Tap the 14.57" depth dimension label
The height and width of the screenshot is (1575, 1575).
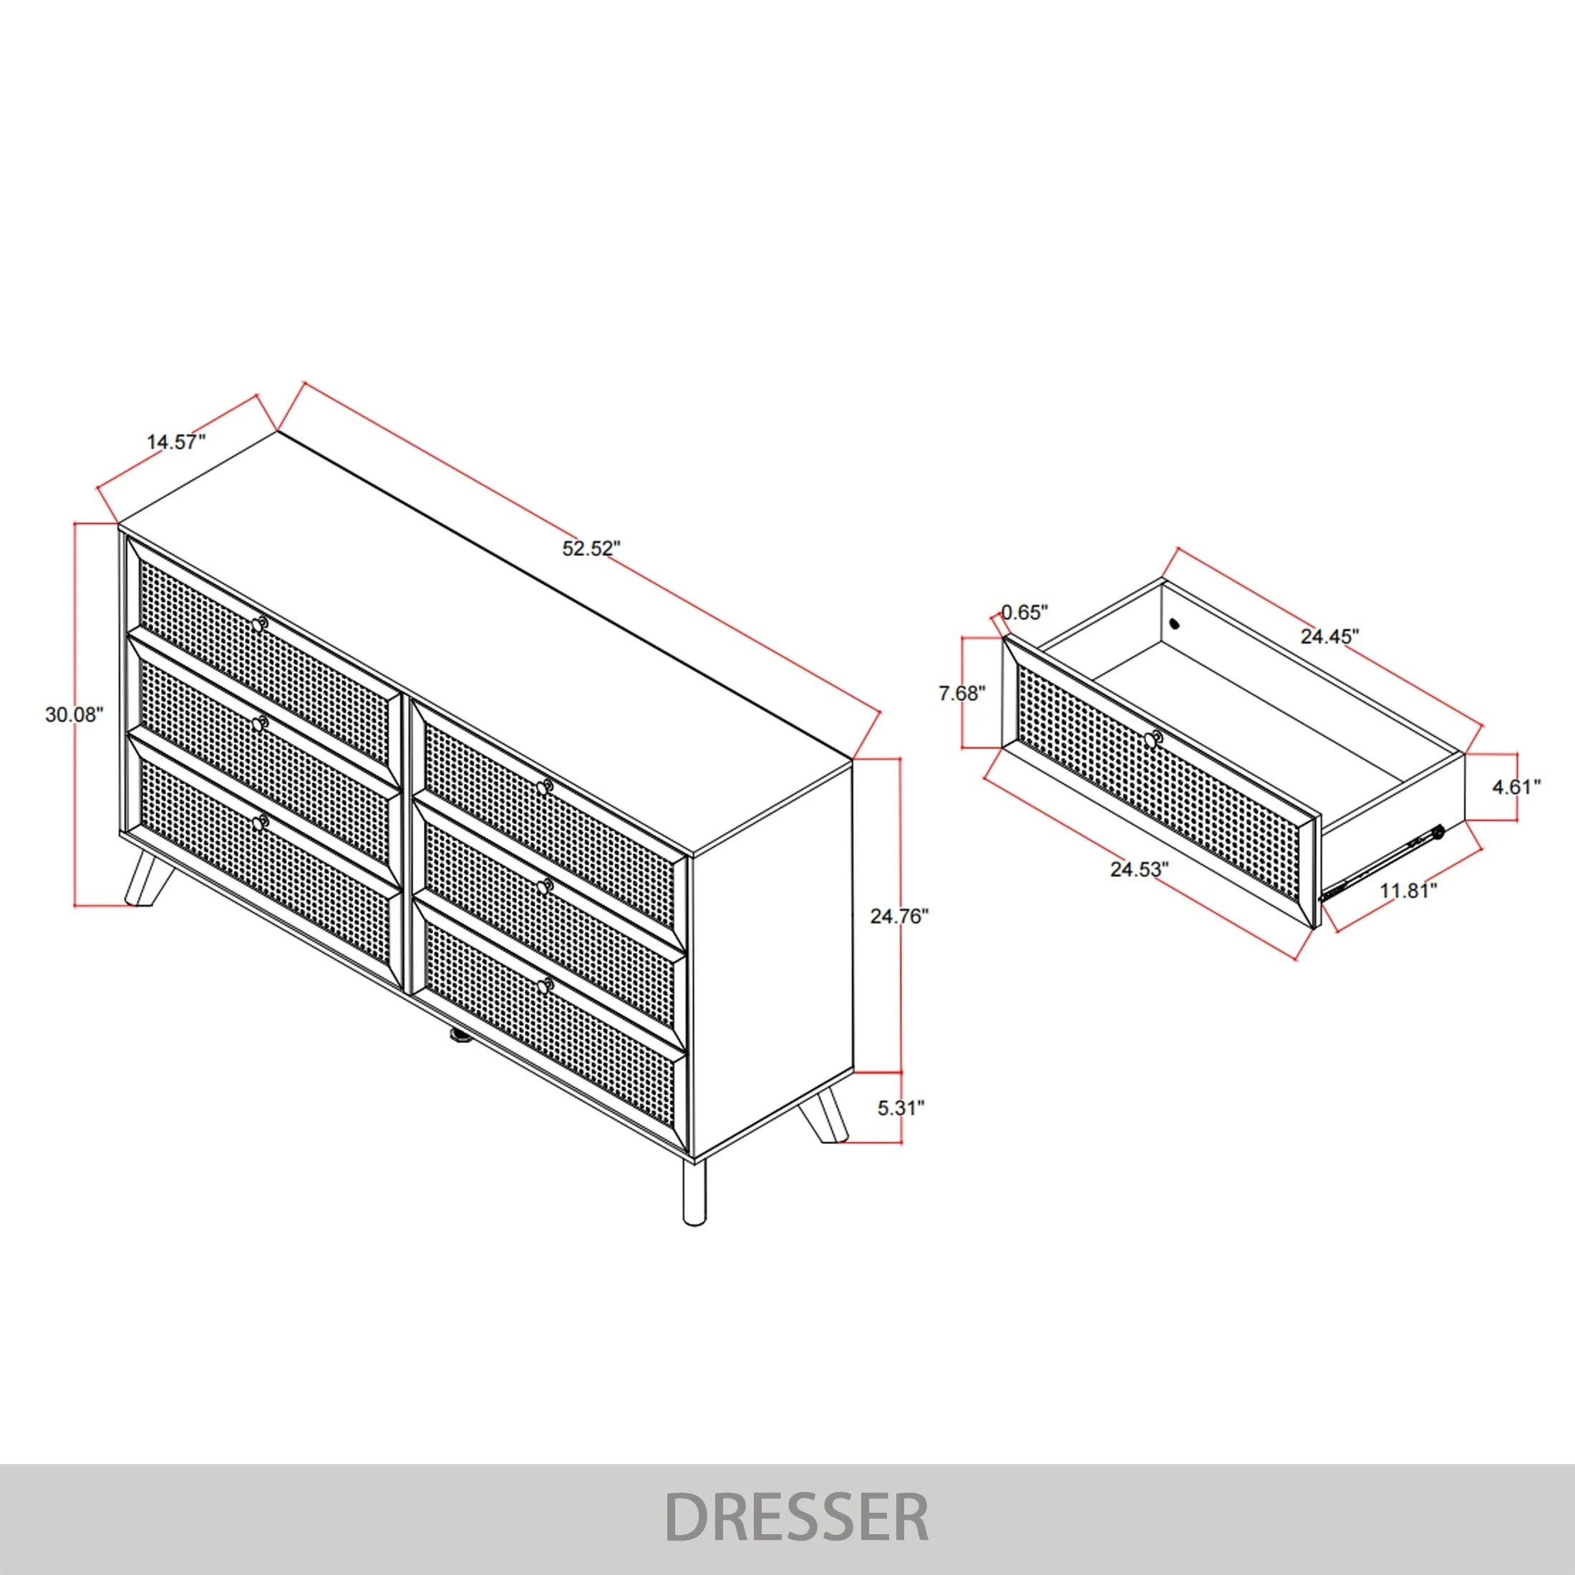click(176, 442)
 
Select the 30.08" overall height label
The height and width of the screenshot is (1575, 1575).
click(75, 715)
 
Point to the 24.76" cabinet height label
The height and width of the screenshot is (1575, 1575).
click(900, 916)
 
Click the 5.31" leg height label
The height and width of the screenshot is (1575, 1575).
click(901, 1108)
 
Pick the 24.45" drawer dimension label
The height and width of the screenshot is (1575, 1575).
click(1329, 636)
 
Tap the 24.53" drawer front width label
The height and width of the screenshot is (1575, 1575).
click(1140, 870)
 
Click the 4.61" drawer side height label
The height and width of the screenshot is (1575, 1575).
click(1516, 787)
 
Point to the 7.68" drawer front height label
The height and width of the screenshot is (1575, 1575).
click(962, 694)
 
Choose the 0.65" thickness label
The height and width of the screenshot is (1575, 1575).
click(1024, 612)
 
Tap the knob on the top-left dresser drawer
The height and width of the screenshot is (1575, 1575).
click(259, 625)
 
